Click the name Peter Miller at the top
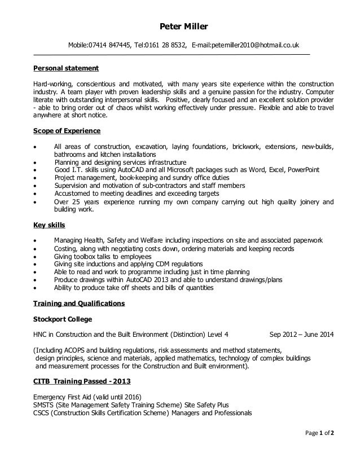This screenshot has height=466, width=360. [180, 26]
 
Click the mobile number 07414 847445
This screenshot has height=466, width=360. [111, 45]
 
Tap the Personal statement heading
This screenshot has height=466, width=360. [66, 68]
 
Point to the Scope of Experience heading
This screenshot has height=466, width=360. [67, 131]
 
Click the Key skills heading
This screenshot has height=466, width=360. [49, 225]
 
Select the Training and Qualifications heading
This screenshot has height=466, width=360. [79, 304]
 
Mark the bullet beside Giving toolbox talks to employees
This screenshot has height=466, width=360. [36, 256]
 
